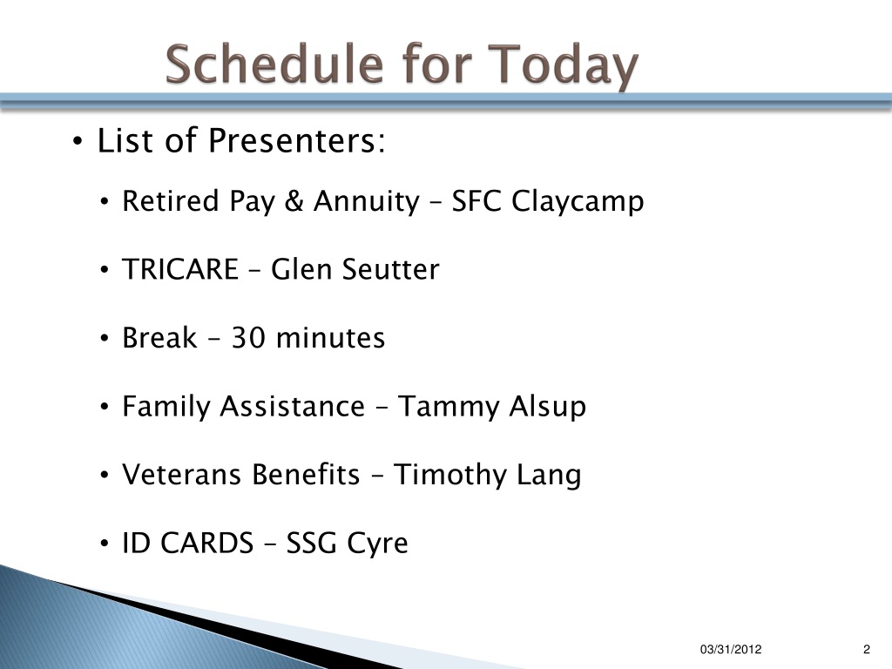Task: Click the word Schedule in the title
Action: [274, 64]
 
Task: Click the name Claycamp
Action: [578, 202]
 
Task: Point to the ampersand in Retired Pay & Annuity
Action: [294, 201]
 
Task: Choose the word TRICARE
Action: [180, 269]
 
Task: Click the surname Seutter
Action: [391, 269]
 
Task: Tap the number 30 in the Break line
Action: [248, 338]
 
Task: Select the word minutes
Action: [330, 338]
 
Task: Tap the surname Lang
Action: [549, 476]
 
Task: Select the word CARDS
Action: [206, 543]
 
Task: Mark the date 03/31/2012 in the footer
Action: [731, 649]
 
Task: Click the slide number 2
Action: [867, 649]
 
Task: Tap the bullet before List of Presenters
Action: [78, 141]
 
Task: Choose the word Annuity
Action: [367, 202]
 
